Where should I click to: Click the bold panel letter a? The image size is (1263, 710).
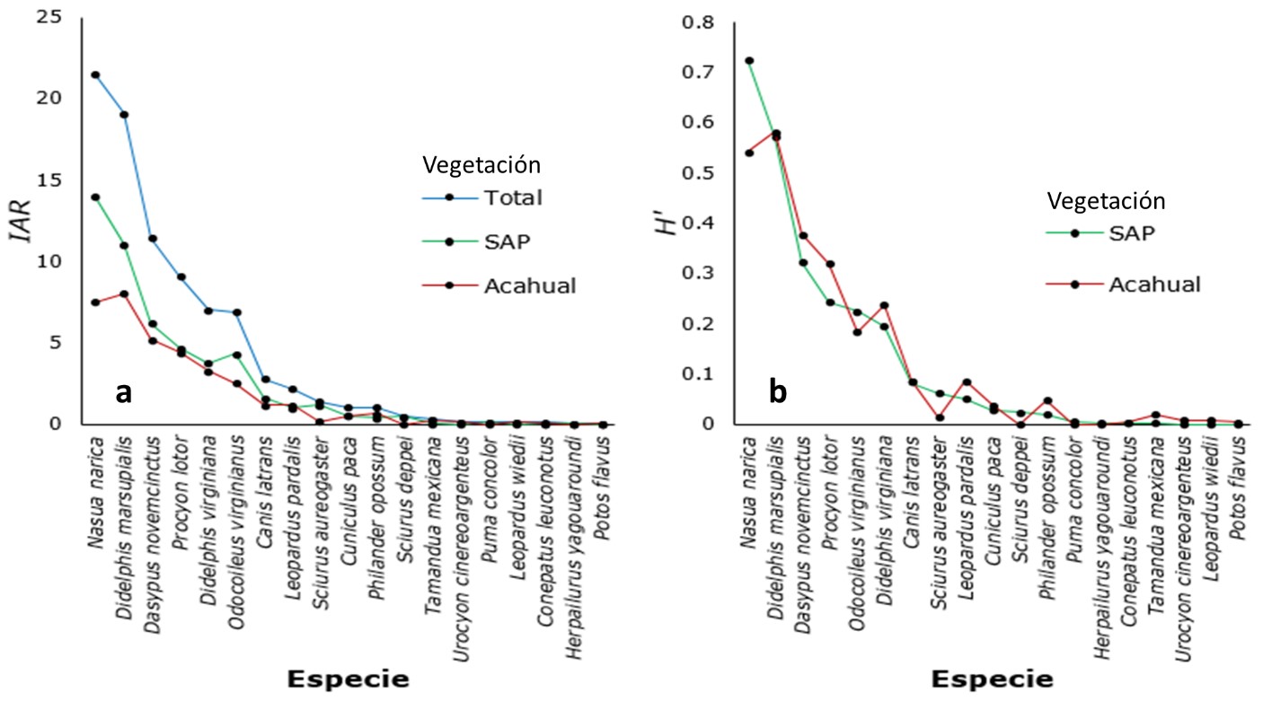(x=126, y=392)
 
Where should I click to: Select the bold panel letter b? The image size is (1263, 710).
(x=777, y=392)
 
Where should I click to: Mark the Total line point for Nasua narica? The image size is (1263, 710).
(x=94, y=75)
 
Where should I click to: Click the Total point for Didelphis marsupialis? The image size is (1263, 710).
(x=123, y=114)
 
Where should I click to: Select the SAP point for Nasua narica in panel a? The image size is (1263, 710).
(x=94, y=197)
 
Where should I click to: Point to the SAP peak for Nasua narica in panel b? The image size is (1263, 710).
(x=748, y=61)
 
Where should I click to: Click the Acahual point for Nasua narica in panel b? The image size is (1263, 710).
(x=748, y=153)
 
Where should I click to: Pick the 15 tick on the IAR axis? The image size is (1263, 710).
(x=58, y=180)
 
